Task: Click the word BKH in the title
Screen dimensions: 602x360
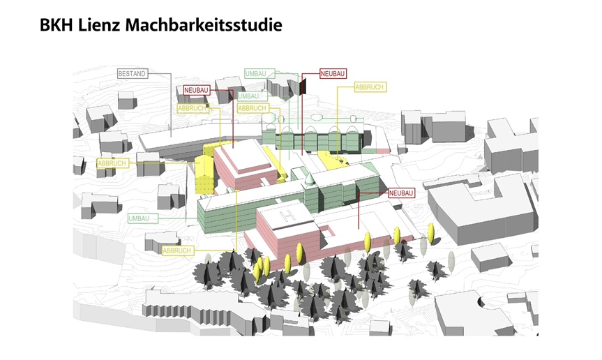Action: [56, 25]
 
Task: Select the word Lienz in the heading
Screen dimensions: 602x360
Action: [98, 25]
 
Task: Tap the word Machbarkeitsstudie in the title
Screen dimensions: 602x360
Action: [204, 25]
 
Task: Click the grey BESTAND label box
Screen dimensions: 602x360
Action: [132, 74]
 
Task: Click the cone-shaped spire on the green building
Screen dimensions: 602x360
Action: [310, 179]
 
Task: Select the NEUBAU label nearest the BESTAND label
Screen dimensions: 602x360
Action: [196, 90]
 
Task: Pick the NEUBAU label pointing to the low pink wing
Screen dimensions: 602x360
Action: [402, 193]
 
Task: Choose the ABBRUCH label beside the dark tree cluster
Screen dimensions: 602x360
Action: [176, 250]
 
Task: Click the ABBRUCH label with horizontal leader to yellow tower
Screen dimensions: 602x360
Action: [112, 163]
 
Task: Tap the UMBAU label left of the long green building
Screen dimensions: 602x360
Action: [139, 218]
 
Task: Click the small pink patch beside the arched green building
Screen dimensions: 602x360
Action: [382, 151]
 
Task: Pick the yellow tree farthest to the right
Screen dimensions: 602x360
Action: [431, 233]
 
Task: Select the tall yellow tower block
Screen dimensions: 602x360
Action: [204, 174]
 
